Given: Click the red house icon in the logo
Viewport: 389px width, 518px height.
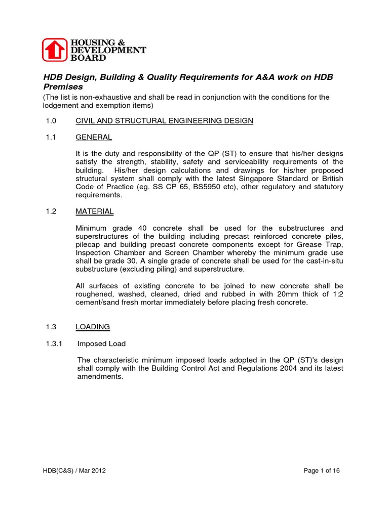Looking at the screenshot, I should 54,50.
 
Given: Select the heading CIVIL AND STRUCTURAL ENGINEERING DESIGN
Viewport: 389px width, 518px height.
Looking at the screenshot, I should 165,121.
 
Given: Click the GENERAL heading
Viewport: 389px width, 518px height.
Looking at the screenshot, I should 94,137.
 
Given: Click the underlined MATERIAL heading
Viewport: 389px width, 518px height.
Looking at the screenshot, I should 95,211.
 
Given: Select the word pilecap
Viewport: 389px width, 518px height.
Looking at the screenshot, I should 89,244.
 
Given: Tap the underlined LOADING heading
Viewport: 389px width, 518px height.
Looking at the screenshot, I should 93,327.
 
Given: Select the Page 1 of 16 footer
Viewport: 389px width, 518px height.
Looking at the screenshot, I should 322,470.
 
